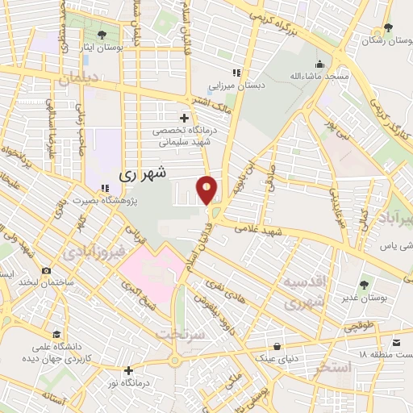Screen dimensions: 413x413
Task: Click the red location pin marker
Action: click(207, 190)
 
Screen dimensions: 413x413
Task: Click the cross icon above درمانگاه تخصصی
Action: click(185, 118)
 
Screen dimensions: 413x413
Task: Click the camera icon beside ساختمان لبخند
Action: click(47, 270)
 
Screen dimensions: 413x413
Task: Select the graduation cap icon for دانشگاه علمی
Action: click(56, 334)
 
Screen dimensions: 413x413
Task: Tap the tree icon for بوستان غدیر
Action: click(364, 284)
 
